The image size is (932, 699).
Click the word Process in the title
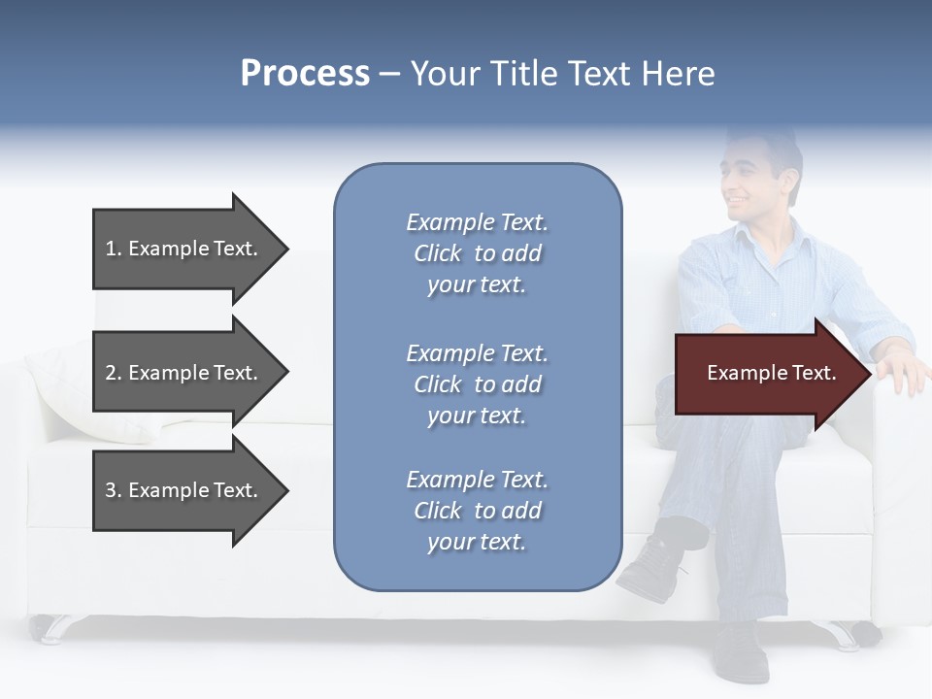pyautogui.click(x=305, y=74)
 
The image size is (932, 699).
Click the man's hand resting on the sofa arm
pyautogui.click(x=903, y=372)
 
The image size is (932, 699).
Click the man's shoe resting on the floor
pyautogui.click(x=740, y=650)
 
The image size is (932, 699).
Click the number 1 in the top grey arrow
pyautogui.click(x=111, y=249)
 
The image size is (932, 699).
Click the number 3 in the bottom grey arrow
pyautogui.click(x=111, y=490)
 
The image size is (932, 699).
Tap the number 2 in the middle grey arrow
pyautogui.click(x=111, y=373)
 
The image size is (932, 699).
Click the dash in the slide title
pyautogui.click(x=390, y=75)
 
